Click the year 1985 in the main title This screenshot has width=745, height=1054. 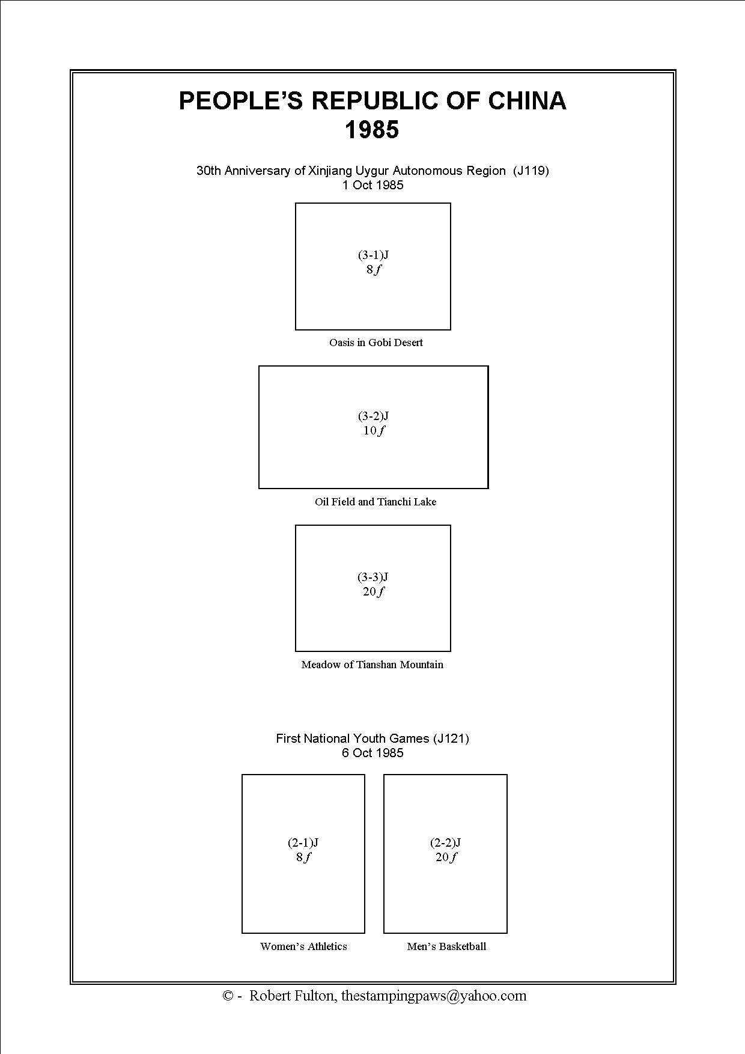[x=372, y=130]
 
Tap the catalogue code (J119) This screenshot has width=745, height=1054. [x=531, y=171]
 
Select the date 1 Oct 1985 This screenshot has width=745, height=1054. [x=372, y=185]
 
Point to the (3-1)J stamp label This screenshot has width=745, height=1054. [x=373, y=255]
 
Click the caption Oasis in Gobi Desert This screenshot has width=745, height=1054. [x=376, y=343]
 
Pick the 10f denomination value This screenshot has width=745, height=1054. [x=373, y=430]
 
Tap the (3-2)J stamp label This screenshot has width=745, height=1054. [x=373, y=416]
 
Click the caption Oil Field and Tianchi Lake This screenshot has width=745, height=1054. [x=376, y=502]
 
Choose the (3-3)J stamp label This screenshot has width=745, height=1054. [x=373, y=577]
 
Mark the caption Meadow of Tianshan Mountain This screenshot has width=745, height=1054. [x=372, y=665]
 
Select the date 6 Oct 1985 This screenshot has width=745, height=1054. [x=372, y=753]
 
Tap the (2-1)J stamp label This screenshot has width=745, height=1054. [x=303, y=842]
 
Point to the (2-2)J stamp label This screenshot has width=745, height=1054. [x=445, y=842]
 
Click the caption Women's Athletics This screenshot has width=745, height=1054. [x=303, y=946]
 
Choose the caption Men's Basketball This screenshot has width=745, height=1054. [x=446, y=946]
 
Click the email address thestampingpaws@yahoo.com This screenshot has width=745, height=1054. [x=434, y=996]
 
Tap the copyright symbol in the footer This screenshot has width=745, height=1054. [x=228, y=996]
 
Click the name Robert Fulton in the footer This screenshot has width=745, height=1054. [x=292, y=996]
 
